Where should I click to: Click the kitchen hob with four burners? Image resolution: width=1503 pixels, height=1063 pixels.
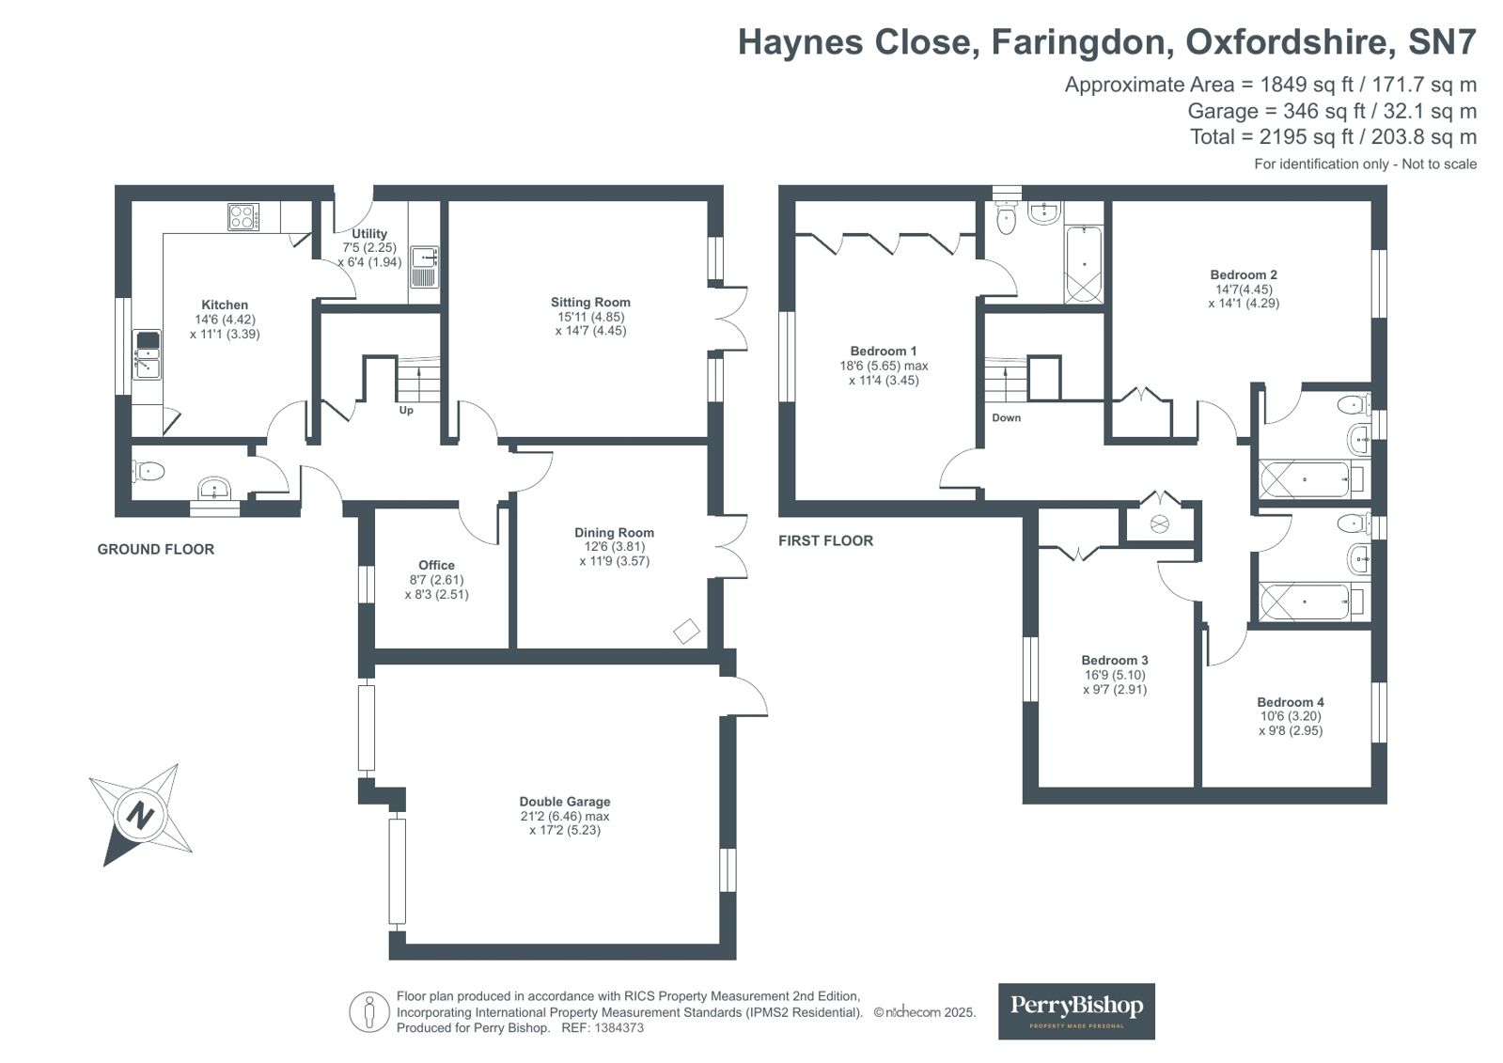click(x=243, y=217)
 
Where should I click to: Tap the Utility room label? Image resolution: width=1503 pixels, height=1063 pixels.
click(x=369, y=233)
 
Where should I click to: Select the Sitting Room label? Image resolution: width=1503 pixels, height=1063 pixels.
click(x=590, y=302)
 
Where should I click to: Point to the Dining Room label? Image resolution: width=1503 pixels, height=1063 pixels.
click(x=614, y=532)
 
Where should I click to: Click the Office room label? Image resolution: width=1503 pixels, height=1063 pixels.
click(x=436, y=565)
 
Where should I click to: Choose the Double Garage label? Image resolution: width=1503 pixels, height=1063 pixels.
click(x=564, y=802)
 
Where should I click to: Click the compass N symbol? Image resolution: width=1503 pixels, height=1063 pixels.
click(x=141, y=816)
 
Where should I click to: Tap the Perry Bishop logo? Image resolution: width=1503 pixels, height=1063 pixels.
click(x=1076, y=1011)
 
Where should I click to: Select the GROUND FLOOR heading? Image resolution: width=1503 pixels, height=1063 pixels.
click(x=156, y=549)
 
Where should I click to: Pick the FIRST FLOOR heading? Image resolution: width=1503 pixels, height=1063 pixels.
click(x=825, y=540)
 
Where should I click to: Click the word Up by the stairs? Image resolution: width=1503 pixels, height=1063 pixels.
click(x=406, y=410)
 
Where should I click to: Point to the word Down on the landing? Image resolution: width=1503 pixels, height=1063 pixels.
click(x=1006, y=417)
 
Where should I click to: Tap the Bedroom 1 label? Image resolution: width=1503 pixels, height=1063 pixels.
click(x=883, y=351)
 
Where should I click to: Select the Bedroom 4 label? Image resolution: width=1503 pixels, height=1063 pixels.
click(x=1291, y=702)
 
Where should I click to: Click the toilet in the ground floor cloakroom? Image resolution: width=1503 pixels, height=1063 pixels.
click(x=149, y=471)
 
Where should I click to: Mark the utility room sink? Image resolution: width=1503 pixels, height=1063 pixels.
click(x=424, y=266)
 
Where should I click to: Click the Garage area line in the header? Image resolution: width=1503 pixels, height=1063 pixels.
click(x=1332, y=111)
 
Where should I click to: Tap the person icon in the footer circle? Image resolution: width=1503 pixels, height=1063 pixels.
click(x=368, y=1012)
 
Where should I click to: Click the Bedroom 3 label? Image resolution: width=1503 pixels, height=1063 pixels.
click(x=1115, y=660)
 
